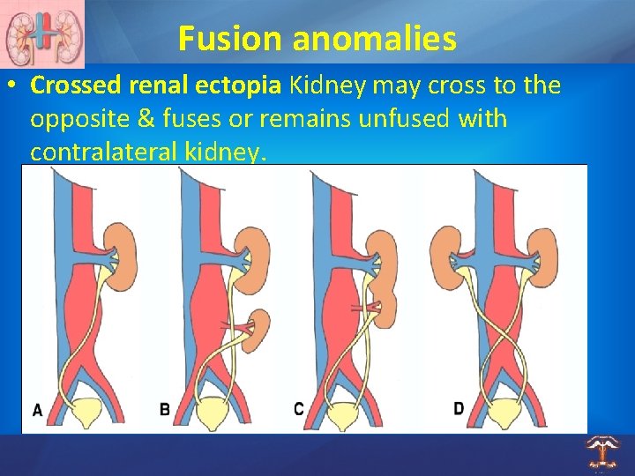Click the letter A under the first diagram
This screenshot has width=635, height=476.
click(37, 409)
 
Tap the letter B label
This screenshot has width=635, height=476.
click(165, 409)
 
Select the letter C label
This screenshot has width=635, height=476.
click(299, 409)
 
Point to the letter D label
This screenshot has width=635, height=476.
click(459, 408)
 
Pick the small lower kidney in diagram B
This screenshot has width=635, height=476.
click(261, 328)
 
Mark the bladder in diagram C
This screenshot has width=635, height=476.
click(347, 412)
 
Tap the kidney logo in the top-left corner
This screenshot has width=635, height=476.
click(41, 33)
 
